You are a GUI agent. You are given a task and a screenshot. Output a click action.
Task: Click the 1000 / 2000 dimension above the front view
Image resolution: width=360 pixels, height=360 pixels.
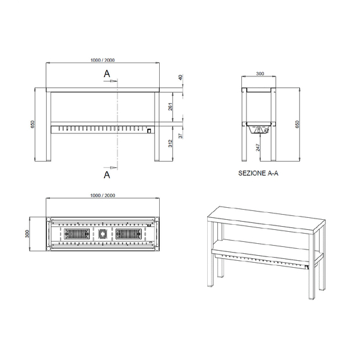coord(102,60)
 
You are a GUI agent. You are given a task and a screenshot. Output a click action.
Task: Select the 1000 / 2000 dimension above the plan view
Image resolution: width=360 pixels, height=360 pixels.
coord(102,195)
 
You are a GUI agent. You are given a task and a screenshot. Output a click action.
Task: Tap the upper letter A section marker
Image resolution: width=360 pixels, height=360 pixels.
coord(107,74)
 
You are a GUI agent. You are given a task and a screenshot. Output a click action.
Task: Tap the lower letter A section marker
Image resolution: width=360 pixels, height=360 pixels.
coord(107,172)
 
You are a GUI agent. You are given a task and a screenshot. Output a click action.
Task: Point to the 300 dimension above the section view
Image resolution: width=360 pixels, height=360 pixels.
coord(260,74)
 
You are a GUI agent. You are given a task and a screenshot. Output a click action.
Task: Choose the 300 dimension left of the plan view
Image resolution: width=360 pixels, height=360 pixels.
coord(27,234)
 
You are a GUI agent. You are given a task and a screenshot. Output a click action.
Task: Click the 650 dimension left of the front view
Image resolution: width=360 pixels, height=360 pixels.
coord(33,125)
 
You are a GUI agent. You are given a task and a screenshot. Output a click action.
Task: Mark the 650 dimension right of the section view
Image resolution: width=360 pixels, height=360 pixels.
coord(298,124)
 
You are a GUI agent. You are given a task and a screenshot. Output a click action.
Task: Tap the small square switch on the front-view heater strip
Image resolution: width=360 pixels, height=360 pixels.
coord(149,131)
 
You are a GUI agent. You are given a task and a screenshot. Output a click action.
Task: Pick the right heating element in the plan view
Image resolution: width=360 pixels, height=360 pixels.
coord(128,234)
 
